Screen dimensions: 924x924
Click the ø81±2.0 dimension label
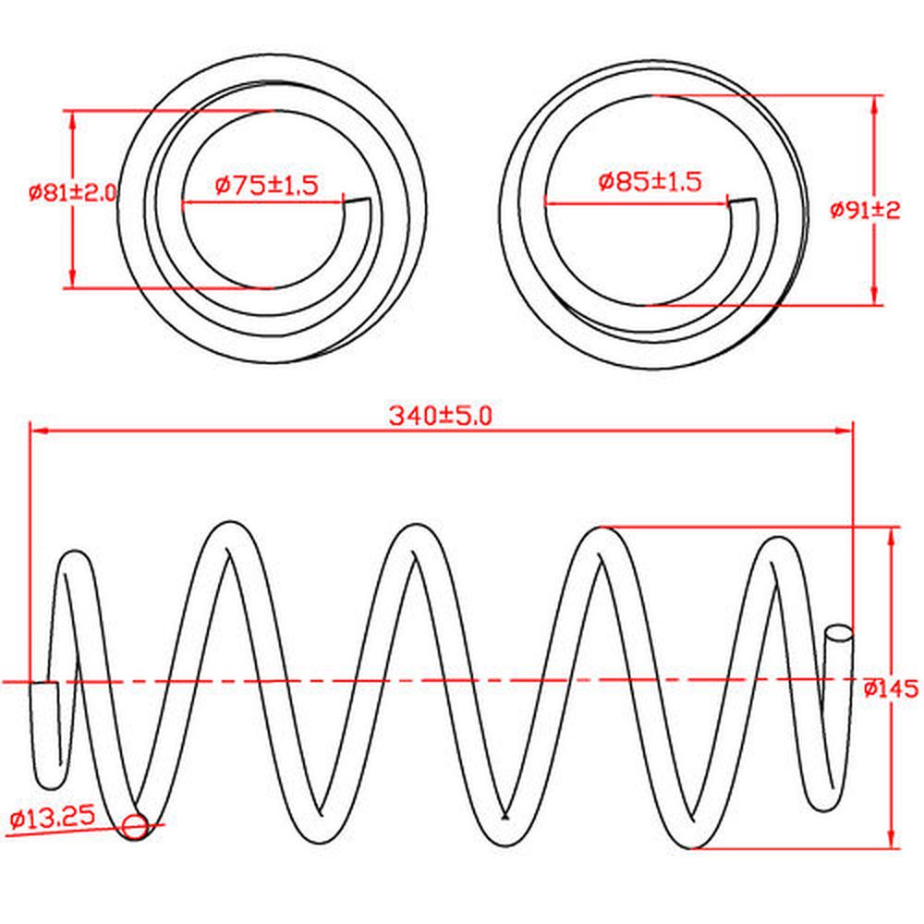point(73,193)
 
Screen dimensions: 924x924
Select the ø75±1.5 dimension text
point(266,186)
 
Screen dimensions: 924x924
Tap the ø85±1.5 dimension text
point(650,181)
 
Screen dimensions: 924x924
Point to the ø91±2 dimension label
point(865,210)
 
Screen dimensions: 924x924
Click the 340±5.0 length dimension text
point(440,416)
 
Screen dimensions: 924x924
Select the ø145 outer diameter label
point(891,687)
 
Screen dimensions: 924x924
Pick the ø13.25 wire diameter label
point(53,817)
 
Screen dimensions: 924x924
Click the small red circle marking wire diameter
point(135,827)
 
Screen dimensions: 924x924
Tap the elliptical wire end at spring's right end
point(839,634)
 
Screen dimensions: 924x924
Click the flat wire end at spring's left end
point(44,683)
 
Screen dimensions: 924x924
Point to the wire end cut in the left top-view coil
point(357,201)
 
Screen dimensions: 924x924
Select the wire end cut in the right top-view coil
point(743,201)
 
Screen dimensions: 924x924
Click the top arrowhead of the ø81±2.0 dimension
point(72,119)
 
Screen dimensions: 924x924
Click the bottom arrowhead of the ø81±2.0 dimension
point(72,279)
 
